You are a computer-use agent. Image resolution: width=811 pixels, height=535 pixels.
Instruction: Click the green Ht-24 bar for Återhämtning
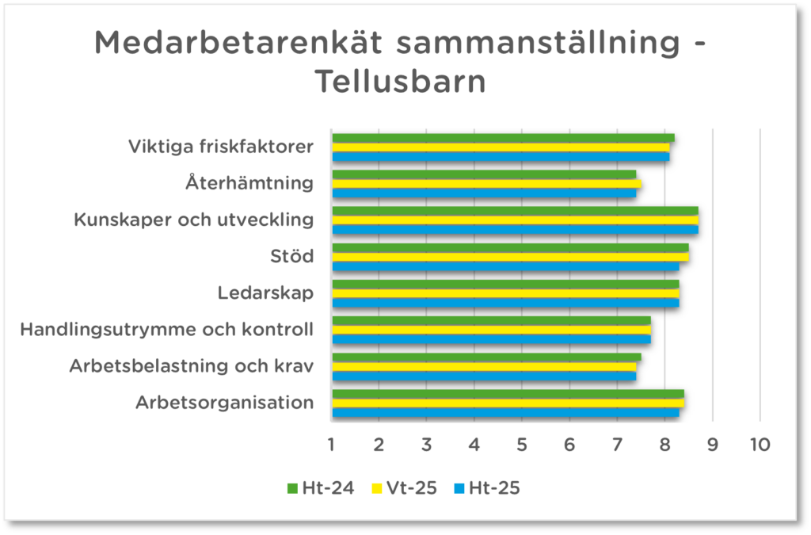483,174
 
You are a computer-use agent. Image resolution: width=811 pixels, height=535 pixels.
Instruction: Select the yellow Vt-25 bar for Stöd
510,256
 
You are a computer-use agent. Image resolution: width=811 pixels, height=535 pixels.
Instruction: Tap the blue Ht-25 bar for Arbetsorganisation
505,412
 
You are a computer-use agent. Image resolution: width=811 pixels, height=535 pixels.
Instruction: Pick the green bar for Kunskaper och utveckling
515,210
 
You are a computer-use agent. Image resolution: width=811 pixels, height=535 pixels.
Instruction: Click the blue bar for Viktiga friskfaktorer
501,156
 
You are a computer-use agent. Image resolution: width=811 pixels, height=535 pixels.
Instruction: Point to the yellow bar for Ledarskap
505,292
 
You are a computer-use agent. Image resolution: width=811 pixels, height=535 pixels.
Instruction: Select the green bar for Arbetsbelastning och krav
486,357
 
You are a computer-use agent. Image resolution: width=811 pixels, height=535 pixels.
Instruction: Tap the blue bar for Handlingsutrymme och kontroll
491,339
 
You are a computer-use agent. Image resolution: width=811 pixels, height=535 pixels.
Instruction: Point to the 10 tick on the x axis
760,445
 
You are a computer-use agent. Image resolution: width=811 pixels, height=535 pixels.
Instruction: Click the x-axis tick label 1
331,445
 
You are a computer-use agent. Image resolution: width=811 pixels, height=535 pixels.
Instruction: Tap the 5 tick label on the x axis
522,445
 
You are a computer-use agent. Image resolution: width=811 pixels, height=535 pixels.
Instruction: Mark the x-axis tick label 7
617,445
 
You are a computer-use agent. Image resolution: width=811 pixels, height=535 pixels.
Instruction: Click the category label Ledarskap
265,293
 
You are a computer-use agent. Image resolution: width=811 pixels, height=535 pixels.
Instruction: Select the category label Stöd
291,256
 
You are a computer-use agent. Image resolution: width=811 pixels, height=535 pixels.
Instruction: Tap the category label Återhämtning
249,183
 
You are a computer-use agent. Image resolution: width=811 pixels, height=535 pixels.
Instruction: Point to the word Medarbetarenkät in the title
238,44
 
